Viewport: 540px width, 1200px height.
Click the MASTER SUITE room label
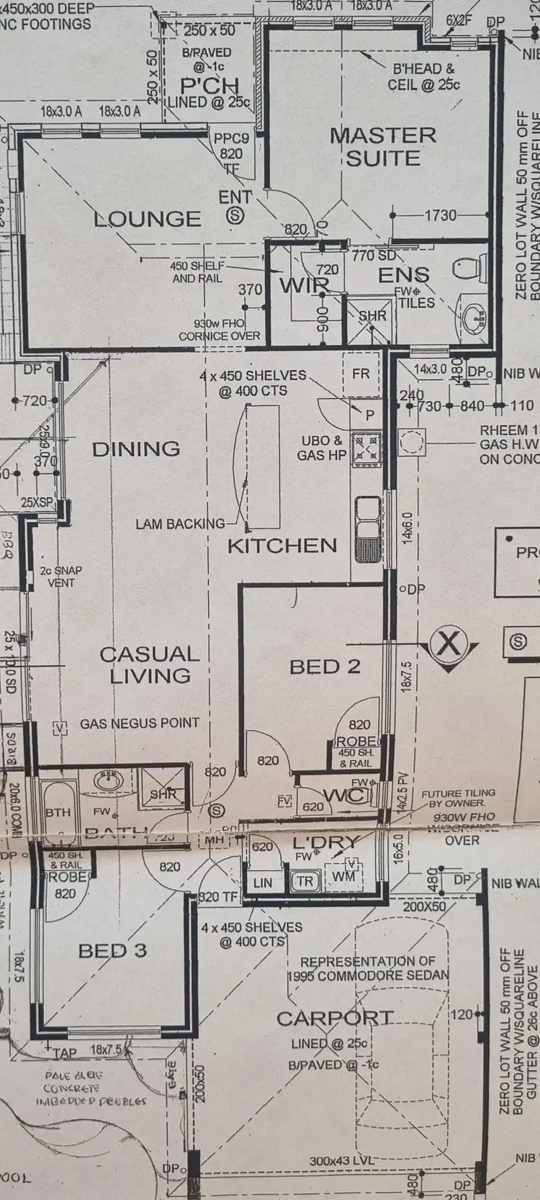[383, 146]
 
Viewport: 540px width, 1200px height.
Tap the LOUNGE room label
[148, 218]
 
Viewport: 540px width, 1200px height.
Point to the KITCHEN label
[282, 545]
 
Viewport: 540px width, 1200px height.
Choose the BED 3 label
[112, 950]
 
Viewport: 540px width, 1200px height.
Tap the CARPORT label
[335, 1019]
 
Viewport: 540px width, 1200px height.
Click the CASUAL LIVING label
[150, 664]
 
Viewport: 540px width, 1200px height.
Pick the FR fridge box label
[360, 374]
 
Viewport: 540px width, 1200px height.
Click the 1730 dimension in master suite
[441, 215]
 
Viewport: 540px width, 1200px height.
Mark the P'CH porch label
[209, 86]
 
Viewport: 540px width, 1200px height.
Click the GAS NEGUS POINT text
[140, 723]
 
